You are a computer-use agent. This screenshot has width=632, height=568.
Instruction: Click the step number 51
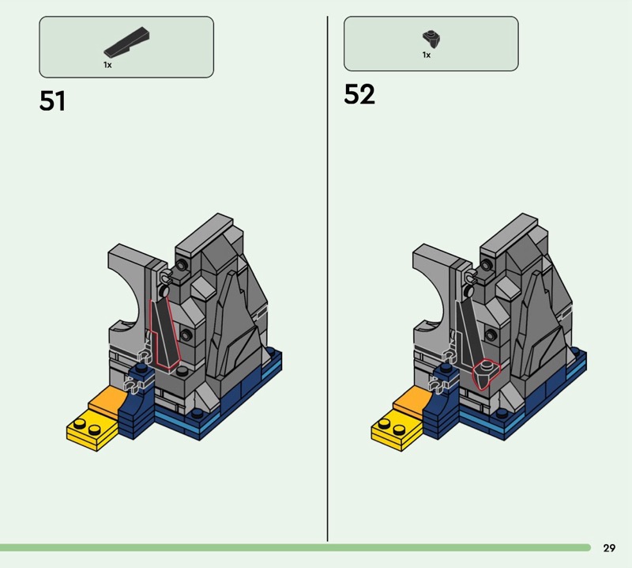coord(52,101)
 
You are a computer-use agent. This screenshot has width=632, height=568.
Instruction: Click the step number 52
coord(359,94)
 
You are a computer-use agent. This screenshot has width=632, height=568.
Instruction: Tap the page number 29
coord(609,547)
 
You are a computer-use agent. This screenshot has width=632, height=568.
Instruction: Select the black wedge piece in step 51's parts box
coord(126,41)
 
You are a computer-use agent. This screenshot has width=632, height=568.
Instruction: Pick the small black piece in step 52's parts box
coord(431,39)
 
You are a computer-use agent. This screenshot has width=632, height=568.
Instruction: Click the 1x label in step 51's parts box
coord(107,65)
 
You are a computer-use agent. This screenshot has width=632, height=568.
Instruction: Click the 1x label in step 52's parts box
coord(427,55)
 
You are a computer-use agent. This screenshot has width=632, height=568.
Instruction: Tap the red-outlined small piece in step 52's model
coord(486,374)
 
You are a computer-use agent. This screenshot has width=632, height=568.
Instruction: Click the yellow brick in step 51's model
coord(93,433)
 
